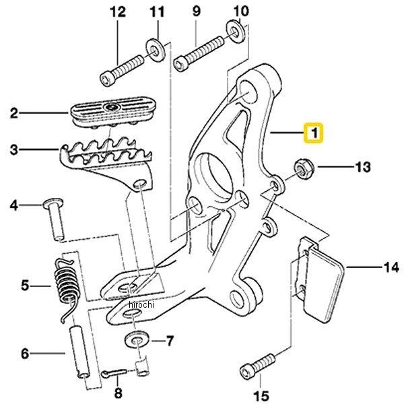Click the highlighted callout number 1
coord(314,133)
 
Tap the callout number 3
coord(14,149)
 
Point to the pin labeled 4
coord(55,220)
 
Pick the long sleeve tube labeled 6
coord(80,352)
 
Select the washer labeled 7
coord(137,340)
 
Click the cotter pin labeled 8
coord(114,373)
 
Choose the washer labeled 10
coord(235,30)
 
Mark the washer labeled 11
coord(156,50)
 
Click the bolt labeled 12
coord(122,70)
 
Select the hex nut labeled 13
coord(304,169)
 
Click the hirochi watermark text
coord(141,304)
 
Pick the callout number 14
coord(391,267)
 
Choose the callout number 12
coord(118,12)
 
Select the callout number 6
coord(25,353)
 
